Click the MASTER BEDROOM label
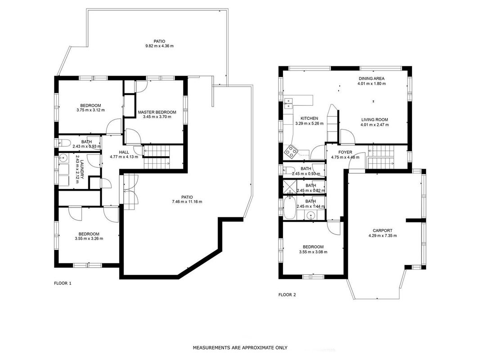point(157,112)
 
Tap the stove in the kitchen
point(291,151)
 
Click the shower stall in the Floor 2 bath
point(289,187)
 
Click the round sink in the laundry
point(63,158)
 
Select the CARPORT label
point(382,230)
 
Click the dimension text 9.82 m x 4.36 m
point(160,46)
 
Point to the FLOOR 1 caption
point(63,283)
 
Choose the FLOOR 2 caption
point(287,295)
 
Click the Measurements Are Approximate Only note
point(240,347)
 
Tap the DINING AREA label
point(371,78)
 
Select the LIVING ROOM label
point(374,120)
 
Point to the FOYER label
point(345,152)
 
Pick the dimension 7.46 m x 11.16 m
point(187,202)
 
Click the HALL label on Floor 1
point(124,152)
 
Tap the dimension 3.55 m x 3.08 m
point(313,252)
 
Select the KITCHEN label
point(309,118)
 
